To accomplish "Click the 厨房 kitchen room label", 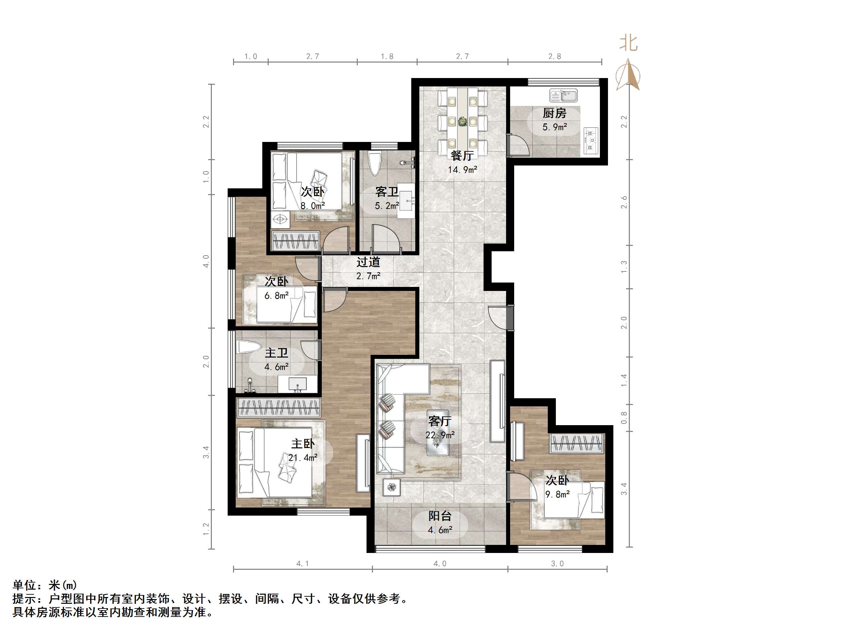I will coord(554,113).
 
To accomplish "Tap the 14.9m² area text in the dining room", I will coord(462,170).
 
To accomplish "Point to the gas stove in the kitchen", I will coord(590,141).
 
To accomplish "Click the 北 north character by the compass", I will coord(628,43).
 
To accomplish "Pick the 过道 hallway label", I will coord(368,262).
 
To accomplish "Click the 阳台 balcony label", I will coord(440,516).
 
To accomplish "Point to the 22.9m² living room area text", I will coord(440,435).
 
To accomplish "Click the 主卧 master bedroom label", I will coord(303,444).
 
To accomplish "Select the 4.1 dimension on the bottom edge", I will coord(303,564).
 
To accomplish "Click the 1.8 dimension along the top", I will coord(387,57).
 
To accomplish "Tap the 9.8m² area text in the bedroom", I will coord(558,494).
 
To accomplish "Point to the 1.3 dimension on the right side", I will coord(624,267).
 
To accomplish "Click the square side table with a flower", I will coord(392,486).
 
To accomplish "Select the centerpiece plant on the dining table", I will coord(463,121).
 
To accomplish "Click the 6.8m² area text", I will coord(276,296).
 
